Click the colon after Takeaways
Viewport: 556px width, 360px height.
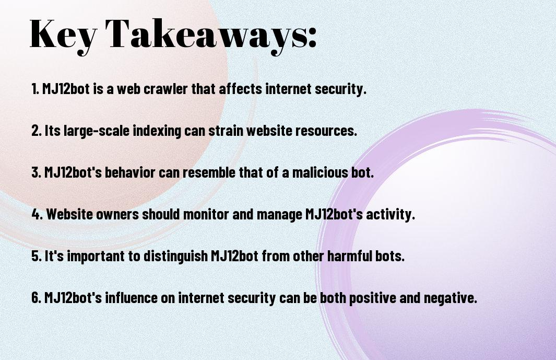coord(312,38)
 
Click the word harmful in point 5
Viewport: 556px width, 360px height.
coord(349,256)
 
